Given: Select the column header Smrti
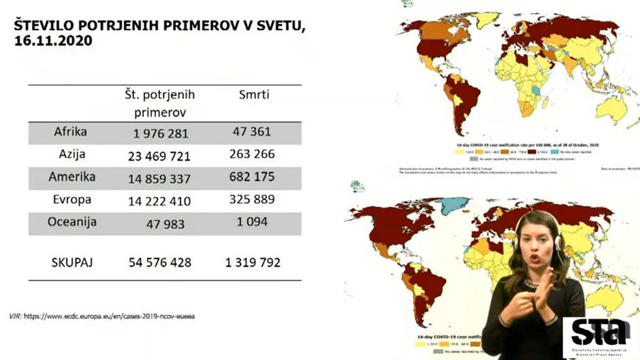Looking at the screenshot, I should (254, 95).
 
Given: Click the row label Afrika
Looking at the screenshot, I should (71, 131).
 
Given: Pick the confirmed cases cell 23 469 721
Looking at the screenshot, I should (159, 156).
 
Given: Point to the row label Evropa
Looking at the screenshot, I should (71, 200).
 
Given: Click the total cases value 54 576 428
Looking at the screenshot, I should (159, 263).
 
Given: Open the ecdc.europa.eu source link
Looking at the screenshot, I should (120, 316).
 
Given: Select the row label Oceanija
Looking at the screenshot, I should (71, 223).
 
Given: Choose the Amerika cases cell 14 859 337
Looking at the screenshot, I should (159, 178).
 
